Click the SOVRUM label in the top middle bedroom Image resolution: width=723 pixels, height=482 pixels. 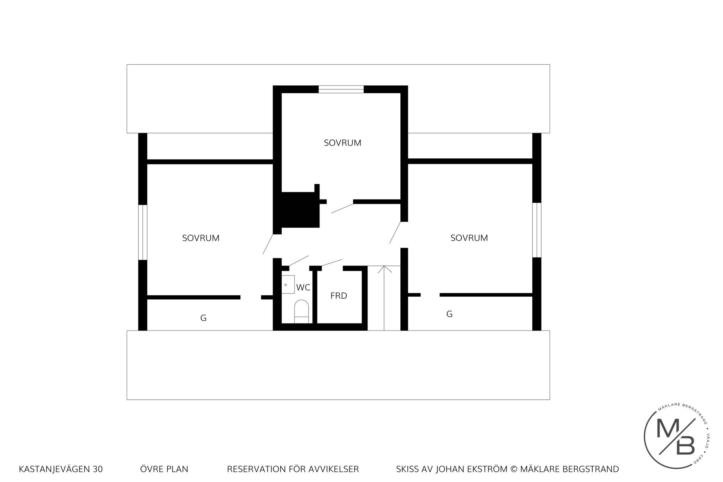342,143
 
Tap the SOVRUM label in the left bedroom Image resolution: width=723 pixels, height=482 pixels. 201,238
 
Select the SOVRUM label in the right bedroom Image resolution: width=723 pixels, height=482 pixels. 469,238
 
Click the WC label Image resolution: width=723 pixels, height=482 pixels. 303,287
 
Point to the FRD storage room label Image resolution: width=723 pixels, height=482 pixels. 339,296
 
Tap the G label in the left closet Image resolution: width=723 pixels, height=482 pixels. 203,318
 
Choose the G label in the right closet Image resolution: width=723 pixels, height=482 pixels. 449,314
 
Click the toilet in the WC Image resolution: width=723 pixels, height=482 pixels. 301,311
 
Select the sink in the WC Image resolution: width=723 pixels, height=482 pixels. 288,284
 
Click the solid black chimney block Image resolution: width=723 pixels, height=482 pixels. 300,210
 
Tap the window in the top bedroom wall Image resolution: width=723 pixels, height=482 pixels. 341,89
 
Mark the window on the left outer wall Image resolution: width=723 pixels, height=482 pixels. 142,232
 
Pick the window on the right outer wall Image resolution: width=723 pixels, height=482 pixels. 537,230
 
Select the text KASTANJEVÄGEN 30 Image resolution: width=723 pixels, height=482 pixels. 61,469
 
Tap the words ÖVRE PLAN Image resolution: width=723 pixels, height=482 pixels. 164,469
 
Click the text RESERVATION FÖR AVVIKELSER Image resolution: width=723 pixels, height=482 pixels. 293,469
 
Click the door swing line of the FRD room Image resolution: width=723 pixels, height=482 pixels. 332,262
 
